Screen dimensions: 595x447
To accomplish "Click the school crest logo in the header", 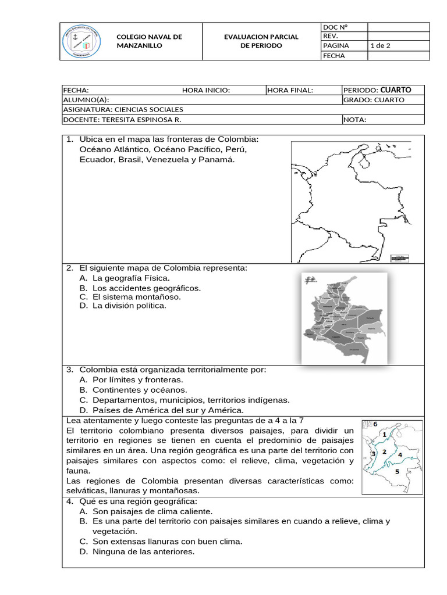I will (x=82, y=41).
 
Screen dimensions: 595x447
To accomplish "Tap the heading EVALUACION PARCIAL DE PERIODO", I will (x=261, y=41).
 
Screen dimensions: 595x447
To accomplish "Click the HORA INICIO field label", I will (x=206, y=90).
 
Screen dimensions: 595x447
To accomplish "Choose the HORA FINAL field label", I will (x=290, y=90).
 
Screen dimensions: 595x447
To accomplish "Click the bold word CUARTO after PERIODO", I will (x=395, y=90).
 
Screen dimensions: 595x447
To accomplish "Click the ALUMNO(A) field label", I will (x=86, y=100).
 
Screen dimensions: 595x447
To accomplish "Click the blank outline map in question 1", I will (x=349, y=200).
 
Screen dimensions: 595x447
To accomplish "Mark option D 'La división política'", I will (x=129, y=306).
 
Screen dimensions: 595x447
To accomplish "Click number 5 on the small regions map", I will (x=397, y=472).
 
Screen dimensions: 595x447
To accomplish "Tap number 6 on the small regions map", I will (x=375, y=424).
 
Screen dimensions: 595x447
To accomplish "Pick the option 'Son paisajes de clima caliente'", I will (x=152, y=511).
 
